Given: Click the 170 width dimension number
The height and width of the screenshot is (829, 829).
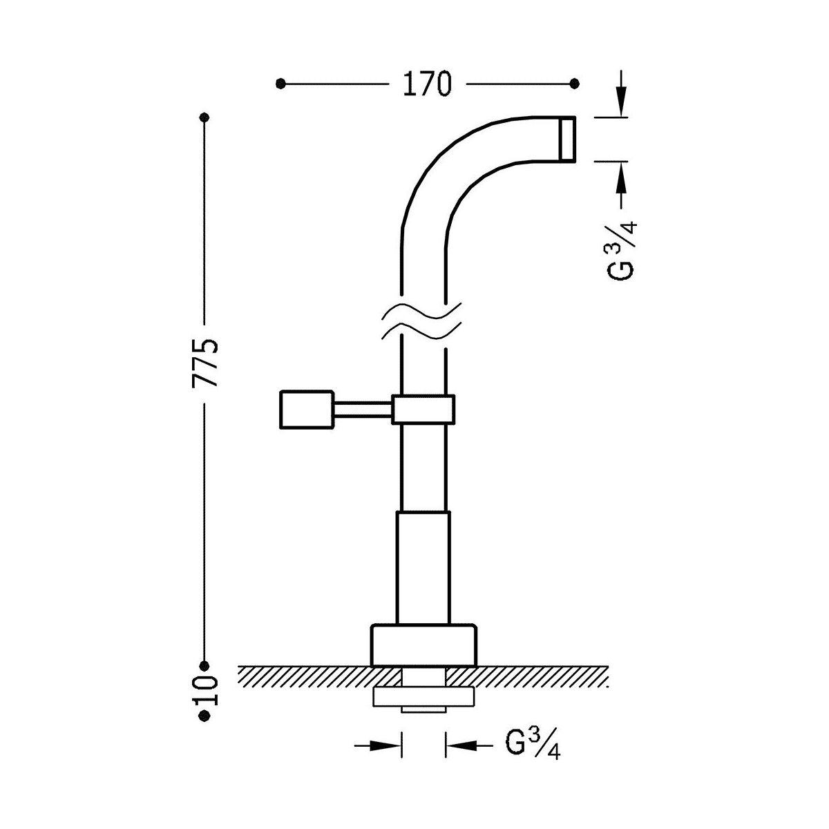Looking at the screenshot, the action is pyautogui.click(x=427, y=84).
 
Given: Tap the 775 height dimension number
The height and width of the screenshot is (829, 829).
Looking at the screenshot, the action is pyautogui.click(x=205, y=363).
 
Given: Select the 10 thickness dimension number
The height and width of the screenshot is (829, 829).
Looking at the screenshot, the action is pyautogui.click(x=206, y=691).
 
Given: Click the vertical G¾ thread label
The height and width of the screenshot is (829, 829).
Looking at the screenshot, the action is pyautogui.click(x=622, y=250).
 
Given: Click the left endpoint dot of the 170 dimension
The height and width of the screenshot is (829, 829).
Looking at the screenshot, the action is pyautogui.click(x=280, y=84).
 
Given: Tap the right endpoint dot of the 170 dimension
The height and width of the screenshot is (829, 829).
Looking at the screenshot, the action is pyautogui.click(x=574, y=84).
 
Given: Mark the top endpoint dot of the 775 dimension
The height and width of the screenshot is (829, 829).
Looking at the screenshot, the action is pyautogui.click(x=204, y=117).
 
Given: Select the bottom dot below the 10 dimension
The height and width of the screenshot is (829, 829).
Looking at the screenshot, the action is pyautogui.click(x=204, y=716).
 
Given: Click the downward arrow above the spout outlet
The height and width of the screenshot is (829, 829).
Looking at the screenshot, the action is pyautogui.click(x=621, y=93).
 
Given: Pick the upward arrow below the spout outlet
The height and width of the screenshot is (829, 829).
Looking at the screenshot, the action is pyautogui.click(x=621, y=185).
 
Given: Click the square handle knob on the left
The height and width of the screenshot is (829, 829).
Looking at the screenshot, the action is pyautogui.click(x=307, y=409).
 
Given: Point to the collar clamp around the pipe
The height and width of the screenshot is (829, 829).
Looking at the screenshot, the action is pyautogui.click(x=423, y=409).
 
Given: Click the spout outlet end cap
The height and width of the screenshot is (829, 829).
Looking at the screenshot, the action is pyautogui.click(x=567, y=139).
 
